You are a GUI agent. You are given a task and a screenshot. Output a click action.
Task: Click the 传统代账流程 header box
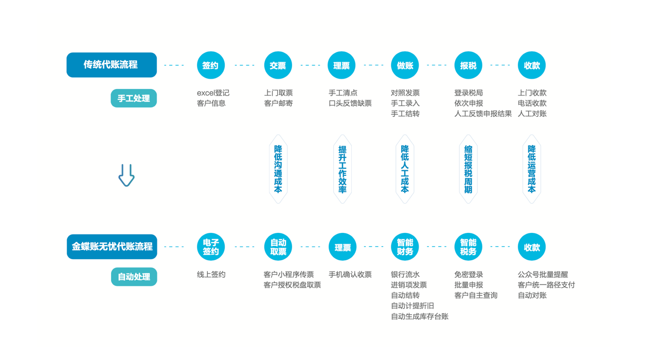(x=112, y=65)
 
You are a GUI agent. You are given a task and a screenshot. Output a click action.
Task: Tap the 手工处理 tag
(x=134, y=98)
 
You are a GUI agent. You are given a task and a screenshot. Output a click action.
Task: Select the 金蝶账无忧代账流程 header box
(x=112, y=246)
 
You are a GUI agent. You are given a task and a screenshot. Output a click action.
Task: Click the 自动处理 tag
(x=134, y=277)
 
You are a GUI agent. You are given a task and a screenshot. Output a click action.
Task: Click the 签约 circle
(x=211, y=65)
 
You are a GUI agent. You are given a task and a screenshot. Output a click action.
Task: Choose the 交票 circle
(x=278, y=65)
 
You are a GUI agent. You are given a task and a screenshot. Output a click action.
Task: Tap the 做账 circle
(x=405, y=65)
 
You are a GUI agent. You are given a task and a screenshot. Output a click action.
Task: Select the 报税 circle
(x=468, y=65)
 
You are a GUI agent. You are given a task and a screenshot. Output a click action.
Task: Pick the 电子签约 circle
(x=211, y=247)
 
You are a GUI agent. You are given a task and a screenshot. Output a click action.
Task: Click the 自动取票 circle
(x=278, y=247)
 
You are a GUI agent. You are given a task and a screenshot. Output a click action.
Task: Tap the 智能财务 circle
(x=405, y=247)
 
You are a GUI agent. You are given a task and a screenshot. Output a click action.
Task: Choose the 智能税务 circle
(x=468, y=247)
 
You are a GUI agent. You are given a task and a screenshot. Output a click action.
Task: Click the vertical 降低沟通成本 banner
(x=278, y=169)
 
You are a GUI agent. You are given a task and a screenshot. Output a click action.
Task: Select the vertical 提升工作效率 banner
(x=342, y=169)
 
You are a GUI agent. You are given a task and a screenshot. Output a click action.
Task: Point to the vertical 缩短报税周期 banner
(x=468, y=169)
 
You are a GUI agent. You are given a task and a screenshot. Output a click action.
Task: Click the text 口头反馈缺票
(x=350, y=103)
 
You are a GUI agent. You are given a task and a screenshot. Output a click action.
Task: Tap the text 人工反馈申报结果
(x=483, y=114)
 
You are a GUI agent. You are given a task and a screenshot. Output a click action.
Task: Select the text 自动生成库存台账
(x=420, y=316)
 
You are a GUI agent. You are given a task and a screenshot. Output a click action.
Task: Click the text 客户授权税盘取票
(x=292, y=285)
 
